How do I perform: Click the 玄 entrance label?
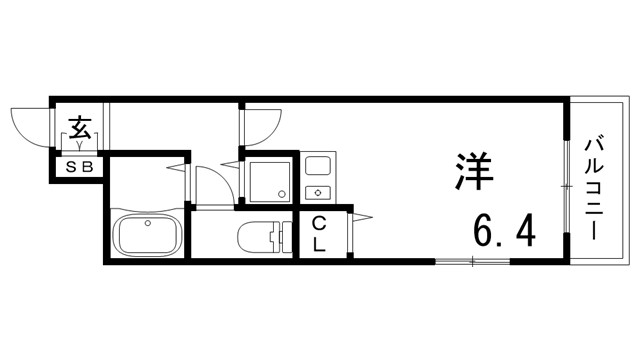80,128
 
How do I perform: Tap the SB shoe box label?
79,167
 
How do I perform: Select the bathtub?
147,235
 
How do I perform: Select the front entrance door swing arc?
30,125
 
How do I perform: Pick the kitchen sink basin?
321,164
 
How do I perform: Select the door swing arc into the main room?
259,124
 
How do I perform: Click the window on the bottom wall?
470,261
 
